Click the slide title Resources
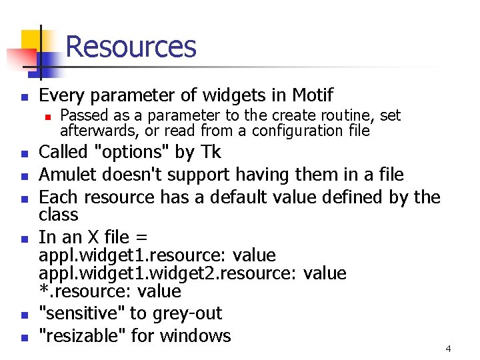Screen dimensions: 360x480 pyautogui.click(x=131, y=47)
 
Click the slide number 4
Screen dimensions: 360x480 pyautogui.click(x=448, y=349)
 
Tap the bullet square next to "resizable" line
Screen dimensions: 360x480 pyautogui.click(x=24, y=337)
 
